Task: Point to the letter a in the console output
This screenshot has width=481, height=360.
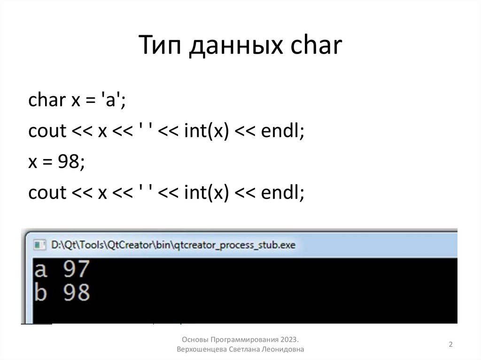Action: (41, 270)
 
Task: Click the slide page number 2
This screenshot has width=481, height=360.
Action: (450, 345)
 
